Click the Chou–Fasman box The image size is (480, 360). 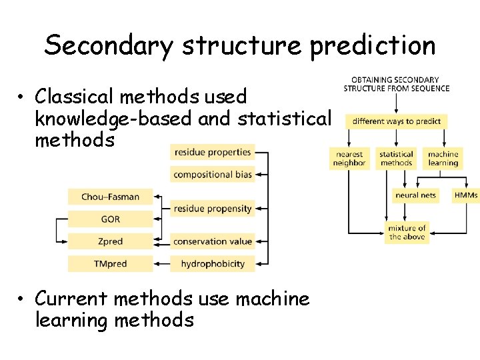(x=110, y=197)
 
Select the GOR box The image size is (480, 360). (x=110, y=219)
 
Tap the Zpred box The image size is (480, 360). (x=110, y=241)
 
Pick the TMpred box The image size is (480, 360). (x=110, y=264)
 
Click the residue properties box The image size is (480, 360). (x=212, y=152)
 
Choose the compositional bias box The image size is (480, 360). (x=212, y=175)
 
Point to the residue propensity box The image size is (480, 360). (x=212, y=209)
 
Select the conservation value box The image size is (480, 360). (x=212, y=241)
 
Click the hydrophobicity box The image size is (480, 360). (x=212, y=264)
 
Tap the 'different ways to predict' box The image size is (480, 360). (x=396, y=121)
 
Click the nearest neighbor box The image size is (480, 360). (x=349, y=159)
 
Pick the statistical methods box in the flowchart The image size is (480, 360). (x=396, y=159)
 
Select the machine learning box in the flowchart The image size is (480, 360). (x=443, y=159)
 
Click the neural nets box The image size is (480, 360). (x=415, y=195)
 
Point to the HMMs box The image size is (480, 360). (x=465, y=195)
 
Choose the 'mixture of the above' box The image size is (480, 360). (x=407, y=233)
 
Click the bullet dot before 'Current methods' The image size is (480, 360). (x=23, y=300)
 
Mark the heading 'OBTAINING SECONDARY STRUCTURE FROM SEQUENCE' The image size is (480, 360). (x=396, y=84)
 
